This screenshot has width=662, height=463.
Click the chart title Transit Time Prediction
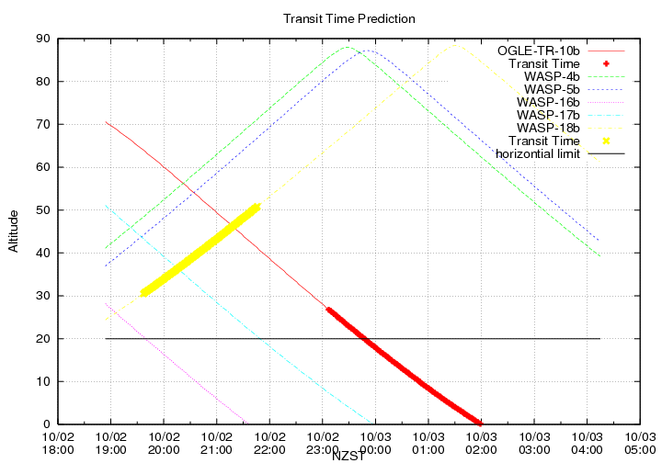[x=348, y=18]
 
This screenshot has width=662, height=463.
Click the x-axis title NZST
[x=348, y=455]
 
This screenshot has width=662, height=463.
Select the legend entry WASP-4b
[x=552, y=75]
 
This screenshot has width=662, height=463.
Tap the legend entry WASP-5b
[x=552, y=89]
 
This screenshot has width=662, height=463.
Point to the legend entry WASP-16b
[x=548, y=102]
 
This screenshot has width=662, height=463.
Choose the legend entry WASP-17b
[x=548, y=115]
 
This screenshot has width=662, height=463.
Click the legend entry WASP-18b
[x=548, y=128]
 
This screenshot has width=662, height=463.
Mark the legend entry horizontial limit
[x=538, y=153]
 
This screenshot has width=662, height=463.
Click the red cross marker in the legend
[x=607, y=62]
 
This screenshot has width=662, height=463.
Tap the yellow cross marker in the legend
[x=607, y=141]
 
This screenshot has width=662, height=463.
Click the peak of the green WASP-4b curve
[x=348, y=47]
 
